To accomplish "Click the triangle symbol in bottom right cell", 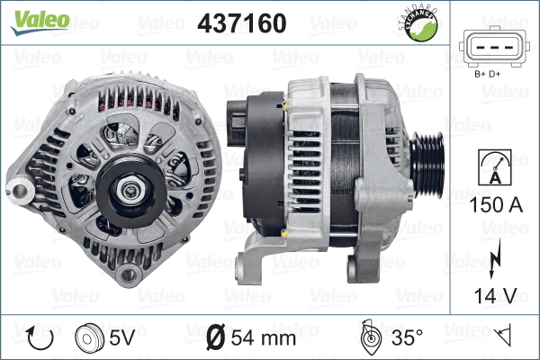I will tap(505, 337).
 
